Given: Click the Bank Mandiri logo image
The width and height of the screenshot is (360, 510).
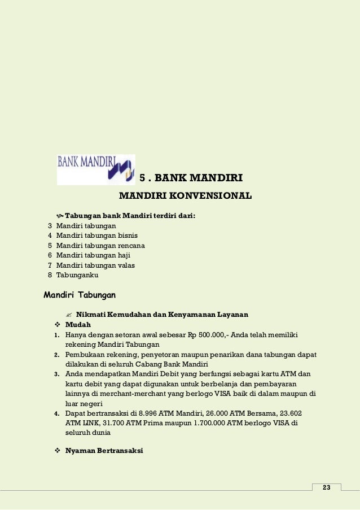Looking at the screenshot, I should click(x=96, y=169).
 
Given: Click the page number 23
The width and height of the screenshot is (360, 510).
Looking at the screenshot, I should click(x=326, y=487).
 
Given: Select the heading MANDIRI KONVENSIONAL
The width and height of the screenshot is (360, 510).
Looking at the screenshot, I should click(x=185, y=197).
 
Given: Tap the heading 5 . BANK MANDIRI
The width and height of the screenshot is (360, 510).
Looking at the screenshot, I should click(x=191, y=179).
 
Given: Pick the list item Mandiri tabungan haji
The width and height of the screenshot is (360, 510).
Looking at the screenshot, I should click(x=93, y=255).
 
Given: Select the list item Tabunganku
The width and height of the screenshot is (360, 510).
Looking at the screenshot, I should click(x=77, y=275).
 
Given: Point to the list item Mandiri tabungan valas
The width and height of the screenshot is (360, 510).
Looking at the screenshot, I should click(x=95, y=265).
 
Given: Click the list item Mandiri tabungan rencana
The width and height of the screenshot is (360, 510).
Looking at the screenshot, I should click(x=100, y=246).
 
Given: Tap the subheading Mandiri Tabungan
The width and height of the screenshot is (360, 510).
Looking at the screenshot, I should click(x=80, y=294).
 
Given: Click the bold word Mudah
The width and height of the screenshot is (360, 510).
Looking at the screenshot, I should click(x=78, y=325).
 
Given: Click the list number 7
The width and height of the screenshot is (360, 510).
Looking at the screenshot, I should click(x=50, y=265).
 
